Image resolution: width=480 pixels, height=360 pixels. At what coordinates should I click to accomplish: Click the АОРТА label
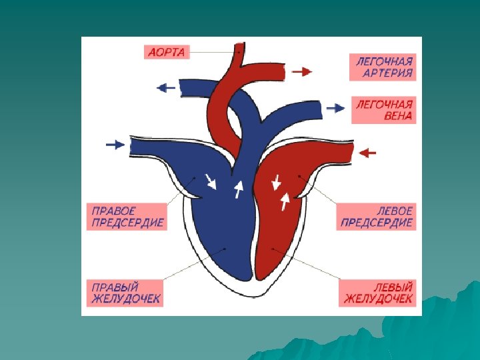[x=167, y=51]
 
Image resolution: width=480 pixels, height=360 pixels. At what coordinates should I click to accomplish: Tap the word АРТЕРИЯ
[x=387, y=73]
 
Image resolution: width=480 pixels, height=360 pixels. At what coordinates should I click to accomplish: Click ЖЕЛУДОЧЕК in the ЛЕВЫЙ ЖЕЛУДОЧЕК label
[x=378, y=299]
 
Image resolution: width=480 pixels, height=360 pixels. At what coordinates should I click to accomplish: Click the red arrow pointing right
[x=302, y=71]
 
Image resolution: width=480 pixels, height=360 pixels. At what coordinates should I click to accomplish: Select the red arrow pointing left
[x=368, y=153]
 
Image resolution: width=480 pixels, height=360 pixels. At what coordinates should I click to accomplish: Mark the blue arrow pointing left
[x=165, y=87]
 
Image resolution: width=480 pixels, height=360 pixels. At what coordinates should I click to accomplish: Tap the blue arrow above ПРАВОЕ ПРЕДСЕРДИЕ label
[x=115, y=144]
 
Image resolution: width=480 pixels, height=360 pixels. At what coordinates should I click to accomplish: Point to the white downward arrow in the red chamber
[x=275, y=181]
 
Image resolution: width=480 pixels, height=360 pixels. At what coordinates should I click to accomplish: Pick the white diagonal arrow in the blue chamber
[x=211, y=181]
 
